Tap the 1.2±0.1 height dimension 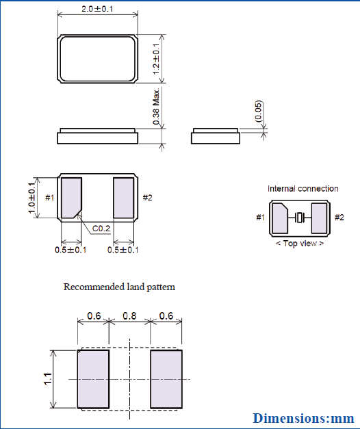[156, 59]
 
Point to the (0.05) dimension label [258, 112]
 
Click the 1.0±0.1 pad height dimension [32, 198]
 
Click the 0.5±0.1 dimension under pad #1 [70, 250]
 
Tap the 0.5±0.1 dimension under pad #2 [123, 250]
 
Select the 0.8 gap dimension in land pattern [129, 316]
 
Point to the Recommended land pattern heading [119, 287]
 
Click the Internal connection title [303, 188]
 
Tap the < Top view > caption [300, 244]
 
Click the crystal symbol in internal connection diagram [300, 218]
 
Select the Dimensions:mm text [304, 417]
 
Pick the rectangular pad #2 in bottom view [123, 198]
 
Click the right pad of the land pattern [166, 378]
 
